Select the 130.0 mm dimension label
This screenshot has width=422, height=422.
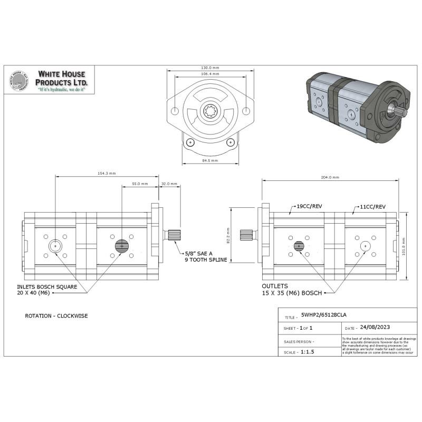click(210, 68)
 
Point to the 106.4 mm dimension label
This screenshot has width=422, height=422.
click(210, 74)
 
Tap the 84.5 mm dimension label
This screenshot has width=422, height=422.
click(210, 161)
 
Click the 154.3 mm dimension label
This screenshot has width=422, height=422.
click(107, 174)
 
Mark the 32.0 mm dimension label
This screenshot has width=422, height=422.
click(169, 184)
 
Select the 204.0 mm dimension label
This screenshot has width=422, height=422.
click(330, 178)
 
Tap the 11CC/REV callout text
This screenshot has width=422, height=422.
click(373, 206)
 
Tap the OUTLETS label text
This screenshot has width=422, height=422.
click(274, 285)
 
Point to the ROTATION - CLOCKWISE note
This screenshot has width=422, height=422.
click(56, 316)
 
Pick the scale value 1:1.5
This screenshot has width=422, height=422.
click(307, 351)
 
